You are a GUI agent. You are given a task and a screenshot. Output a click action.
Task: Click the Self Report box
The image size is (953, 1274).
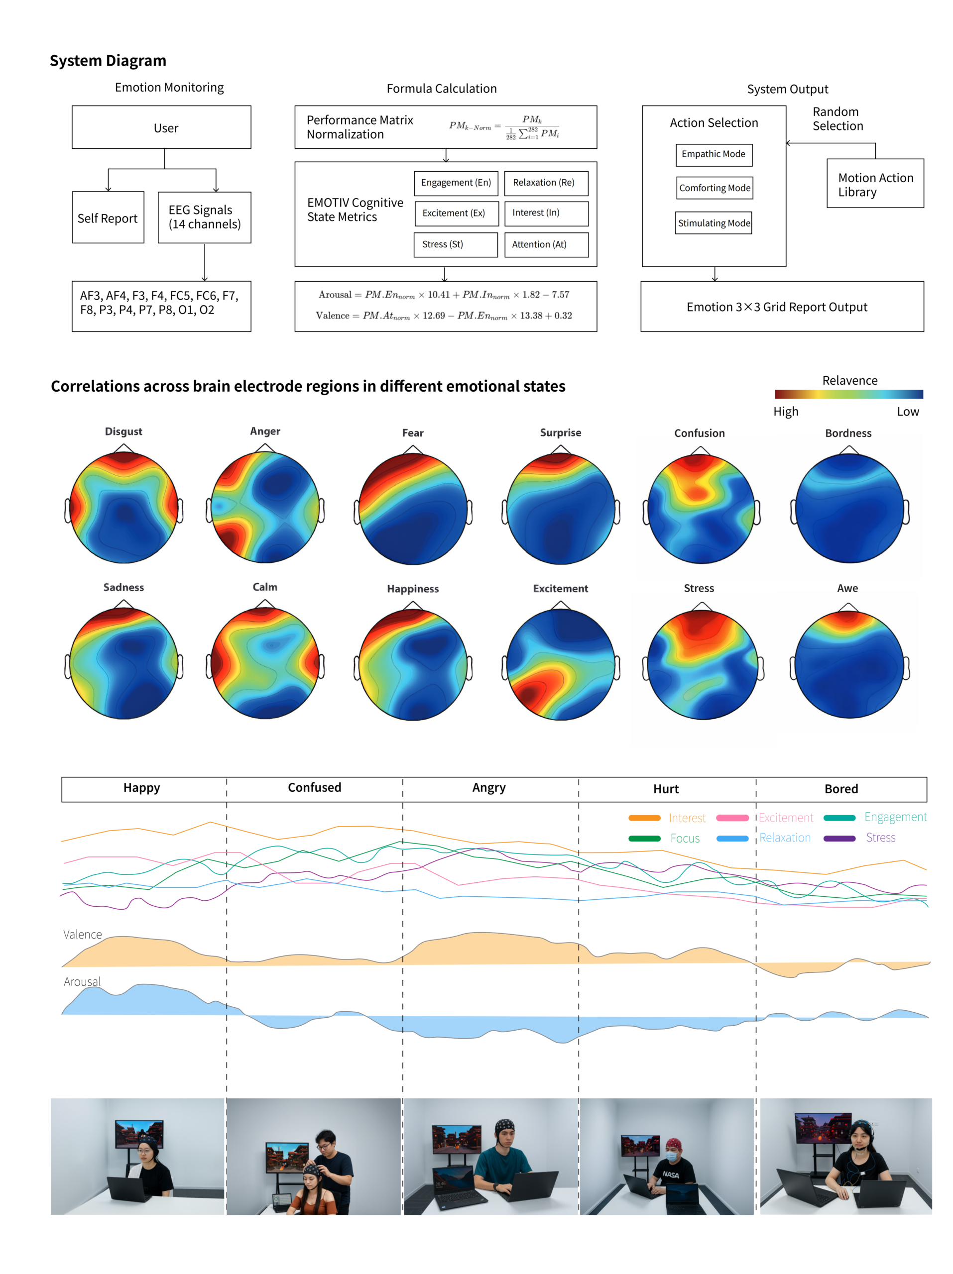pyautogui.click(x=107, y=217)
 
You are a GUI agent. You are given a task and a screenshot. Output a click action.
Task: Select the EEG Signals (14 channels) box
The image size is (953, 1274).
pyautogui.click(x=204, y=217)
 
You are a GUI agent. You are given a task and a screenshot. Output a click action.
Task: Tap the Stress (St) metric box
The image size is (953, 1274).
pyautogui.click(x=455, y=244)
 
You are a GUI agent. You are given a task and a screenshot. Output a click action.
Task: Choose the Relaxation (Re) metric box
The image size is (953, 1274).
pyautogui.click(x=546, y=183)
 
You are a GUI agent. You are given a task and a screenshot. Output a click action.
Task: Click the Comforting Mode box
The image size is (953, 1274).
pyautogui.click(x=715, y=188)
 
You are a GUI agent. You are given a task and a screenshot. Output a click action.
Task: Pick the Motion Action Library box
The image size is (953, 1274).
pyautogui.click(x=875, y=183)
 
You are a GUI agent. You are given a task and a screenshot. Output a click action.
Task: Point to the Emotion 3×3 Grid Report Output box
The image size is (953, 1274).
pyautogui.click(x=781, y=307)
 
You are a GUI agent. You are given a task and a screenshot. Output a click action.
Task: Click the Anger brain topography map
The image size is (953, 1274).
pyautogui.click(x=265, y=507)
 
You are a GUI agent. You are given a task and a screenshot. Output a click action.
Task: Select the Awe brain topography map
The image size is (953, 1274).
pyautogui.click(x=848, y=663)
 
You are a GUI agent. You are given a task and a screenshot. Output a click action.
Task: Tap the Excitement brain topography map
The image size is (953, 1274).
pyautogui.click(x=561, y=663)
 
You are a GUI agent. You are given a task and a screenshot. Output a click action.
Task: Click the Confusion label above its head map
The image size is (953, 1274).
pyautogui.click(x=700, y=433)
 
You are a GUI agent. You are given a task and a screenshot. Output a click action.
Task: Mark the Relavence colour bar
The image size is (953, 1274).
pyautogui.click(x=848, y=395)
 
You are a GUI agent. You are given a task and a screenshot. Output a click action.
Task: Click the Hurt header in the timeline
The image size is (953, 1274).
pyautogui.click(x=666, y=788)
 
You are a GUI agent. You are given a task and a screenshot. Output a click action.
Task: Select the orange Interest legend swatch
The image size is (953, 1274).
pyautogui.click(x=644, y=818)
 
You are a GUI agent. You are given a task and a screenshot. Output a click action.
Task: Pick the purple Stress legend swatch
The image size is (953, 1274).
pyautogui.click(x=839, y=838)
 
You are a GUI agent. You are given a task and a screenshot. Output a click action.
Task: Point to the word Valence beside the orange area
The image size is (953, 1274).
pyautogui.click(x=82, y=934)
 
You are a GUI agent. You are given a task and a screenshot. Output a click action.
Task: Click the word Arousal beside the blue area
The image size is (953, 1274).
pyautogui.click(x=82, y=981)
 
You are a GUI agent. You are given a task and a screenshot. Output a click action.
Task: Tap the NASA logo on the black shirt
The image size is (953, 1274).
pyautogui.click(x=671, y=1174)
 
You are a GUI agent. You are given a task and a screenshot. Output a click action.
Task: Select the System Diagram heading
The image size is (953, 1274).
pyautogui.click(x=108, y=61)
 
